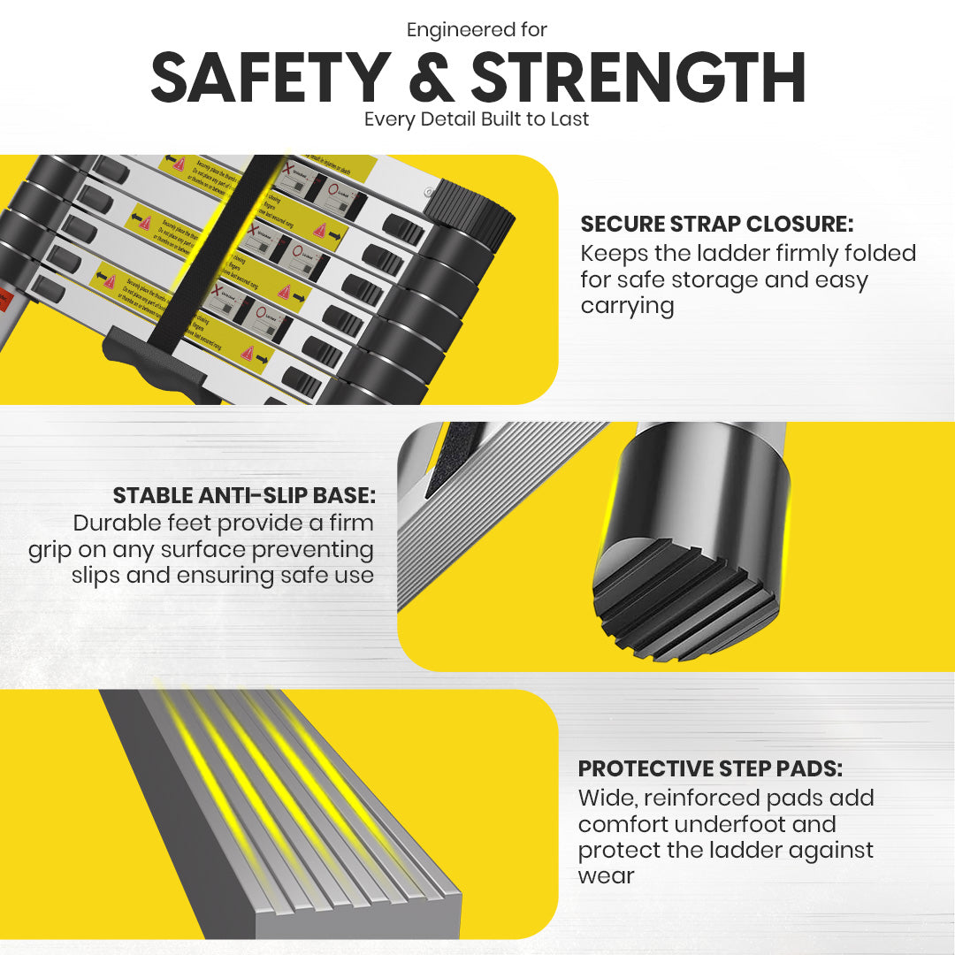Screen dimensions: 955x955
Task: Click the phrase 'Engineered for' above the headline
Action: tap(477, 30)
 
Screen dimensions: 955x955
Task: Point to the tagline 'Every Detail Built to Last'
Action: tap(477, 119)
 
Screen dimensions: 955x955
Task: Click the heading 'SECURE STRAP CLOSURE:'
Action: tap(716, 225)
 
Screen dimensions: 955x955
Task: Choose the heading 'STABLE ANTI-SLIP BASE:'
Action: tap(244, 495)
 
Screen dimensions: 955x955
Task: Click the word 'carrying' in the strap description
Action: tap(627, 307)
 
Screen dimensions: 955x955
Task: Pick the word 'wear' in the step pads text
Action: tap(607, 876)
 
